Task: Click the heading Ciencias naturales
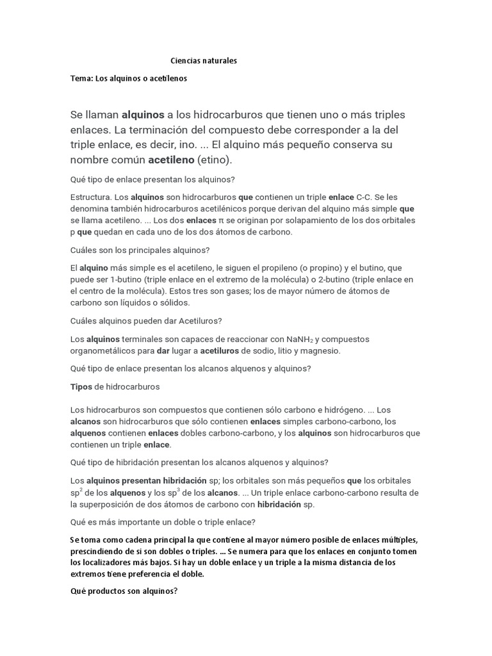204,61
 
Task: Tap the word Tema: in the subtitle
81,79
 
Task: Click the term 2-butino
324,279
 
